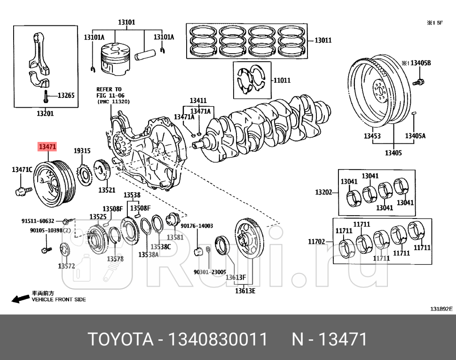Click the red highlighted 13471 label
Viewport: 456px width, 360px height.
pyautogui.click(x=47, y=147)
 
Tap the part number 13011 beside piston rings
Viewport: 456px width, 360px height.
pyautogui.click(x=322, y=40)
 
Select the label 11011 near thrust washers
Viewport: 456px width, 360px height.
pyautogui.click(x=282, y=80)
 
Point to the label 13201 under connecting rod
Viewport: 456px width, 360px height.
pyautogui.click(x=45, y=113)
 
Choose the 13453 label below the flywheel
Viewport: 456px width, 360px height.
pyautogui.click(x=373, y=136)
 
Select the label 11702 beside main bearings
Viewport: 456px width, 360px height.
pyautogui.click(x=317, y=242)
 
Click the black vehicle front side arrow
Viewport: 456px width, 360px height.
pyautogui.click(x=20, y=299)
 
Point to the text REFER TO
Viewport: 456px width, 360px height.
pyautogui.click(x=109, y=89)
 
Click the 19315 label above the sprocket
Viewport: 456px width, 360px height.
pyautogui.click(x=82, y=151)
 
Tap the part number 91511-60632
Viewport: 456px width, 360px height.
pyautogui.click(x=38, y=220)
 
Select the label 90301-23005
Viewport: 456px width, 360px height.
pyautogui.click(x=210, y=272)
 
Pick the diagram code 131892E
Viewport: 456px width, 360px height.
pyautogui.click(x=440, y=309)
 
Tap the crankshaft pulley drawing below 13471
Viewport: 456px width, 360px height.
pyautogui.click(x=56, y=183)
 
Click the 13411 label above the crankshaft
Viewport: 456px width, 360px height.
pyautogui.click(x=198, y=101)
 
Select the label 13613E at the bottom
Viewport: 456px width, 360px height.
pyautogui.click(x=245, y=290)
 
